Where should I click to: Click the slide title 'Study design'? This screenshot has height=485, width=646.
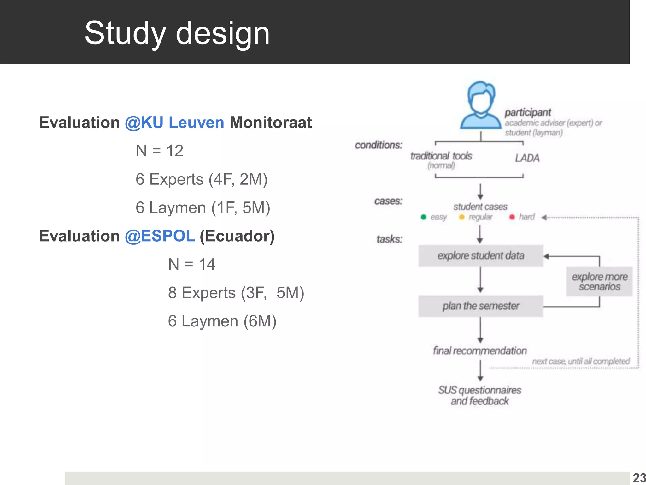coord(177,33)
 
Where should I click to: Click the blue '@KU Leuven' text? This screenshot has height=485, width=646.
coord(174,123)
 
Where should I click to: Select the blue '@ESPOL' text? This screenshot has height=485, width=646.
coord(160,236)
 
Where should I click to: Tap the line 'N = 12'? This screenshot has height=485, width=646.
coord(159,151)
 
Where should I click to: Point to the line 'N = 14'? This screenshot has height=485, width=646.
coord(191,264)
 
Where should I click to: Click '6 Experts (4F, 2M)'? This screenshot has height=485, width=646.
coord(201,179)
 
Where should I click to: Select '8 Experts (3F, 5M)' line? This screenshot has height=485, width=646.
coord(236,293)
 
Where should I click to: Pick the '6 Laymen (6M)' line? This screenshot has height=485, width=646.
coord(222,321)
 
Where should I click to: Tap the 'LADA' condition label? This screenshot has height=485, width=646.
coord(527,158)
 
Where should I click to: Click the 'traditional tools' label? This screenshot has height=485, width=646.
coord(441,156)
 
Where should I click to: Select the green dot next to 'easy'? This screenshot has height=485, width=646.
coord(424,217)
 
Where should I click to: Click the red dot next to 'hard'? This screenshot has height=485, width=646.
coord(512,217)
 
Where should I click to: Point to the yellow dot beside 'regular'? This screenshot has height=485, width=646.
coord(462,217)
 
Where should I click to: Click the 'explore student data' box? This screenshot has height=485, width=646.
coord(480,256)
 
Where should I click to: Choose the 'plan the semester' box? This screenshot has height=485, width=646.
coord(480,306)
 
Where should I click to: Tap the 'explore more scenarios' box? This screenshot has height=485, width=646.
coord(599,282)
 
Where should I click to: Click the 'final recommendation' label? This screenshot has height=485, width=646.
coord(480,350)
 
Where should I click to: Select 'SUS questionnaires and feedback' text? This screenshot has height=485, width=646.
coord(480,396)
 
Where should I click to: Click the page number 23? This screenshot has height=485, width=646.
coord(639,478)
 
